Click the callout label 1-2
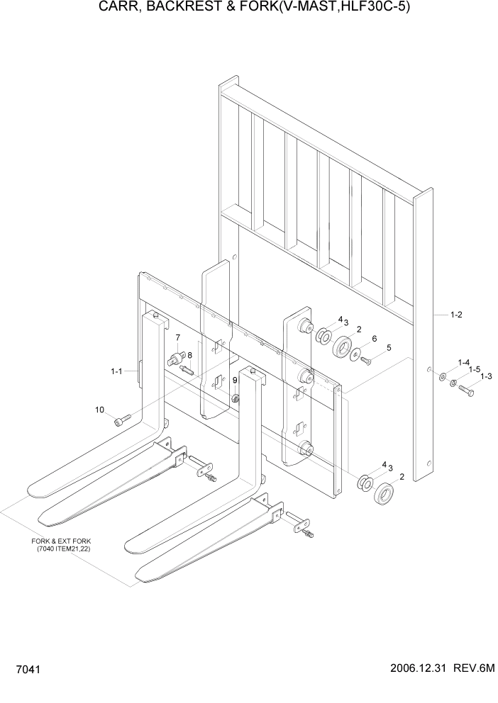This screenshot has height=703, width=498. [x=457, y=315]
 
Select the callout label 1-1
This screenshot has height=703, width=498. [x=117, y=371]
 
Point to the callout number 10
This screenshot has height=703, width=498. [x=100, y=410]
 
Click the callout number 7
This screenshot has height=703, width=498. [x=177, y=337]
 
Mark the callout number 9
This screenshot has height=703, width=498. [x=235, y=381]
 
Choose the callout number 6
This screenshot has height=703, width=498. [x=374, y=339]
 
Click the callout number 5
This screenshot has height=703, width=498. [x=389, y=348]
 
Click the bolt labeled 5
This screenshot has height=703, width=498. [x=367, y=361]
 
